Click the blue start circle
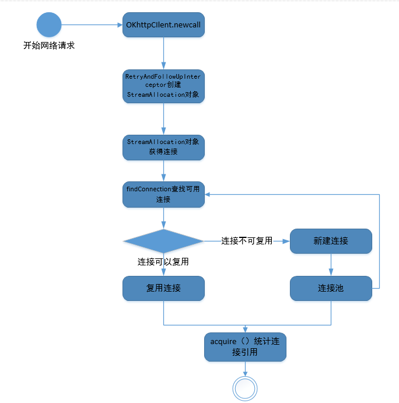click(x=49, y=24)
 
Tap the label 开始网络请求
click(x=49, y=45)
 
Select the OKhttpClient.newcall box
click(x=163, y=25)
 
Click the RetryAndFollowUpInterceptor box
click(x=163, y=86)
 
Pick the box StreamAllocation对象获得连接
click(x=163, y=147)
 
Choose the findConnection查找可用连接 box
click(x=163, y=194)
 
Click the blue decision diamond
click(x=163, y=241)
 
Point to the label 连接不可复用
click(x=247, y=240)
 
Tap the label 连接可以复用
click(x=163, y=262)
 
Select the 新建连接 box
click(x=331, y=241)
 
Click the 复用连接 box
click(x=163, y=288)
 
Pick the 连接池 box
click(x=331, y=288)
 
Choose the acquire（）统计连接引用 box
click(x=245, y=347)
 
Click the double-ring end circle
click(x=245, y=388)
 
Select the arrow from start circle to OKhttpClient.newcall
click(x=92, y=25)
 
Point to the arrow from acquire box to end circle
click(x=245, y=369)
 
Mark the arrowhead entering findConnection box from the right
click(x=208, y=194)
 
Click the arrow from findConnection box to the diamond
click(x=163, y=218)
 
